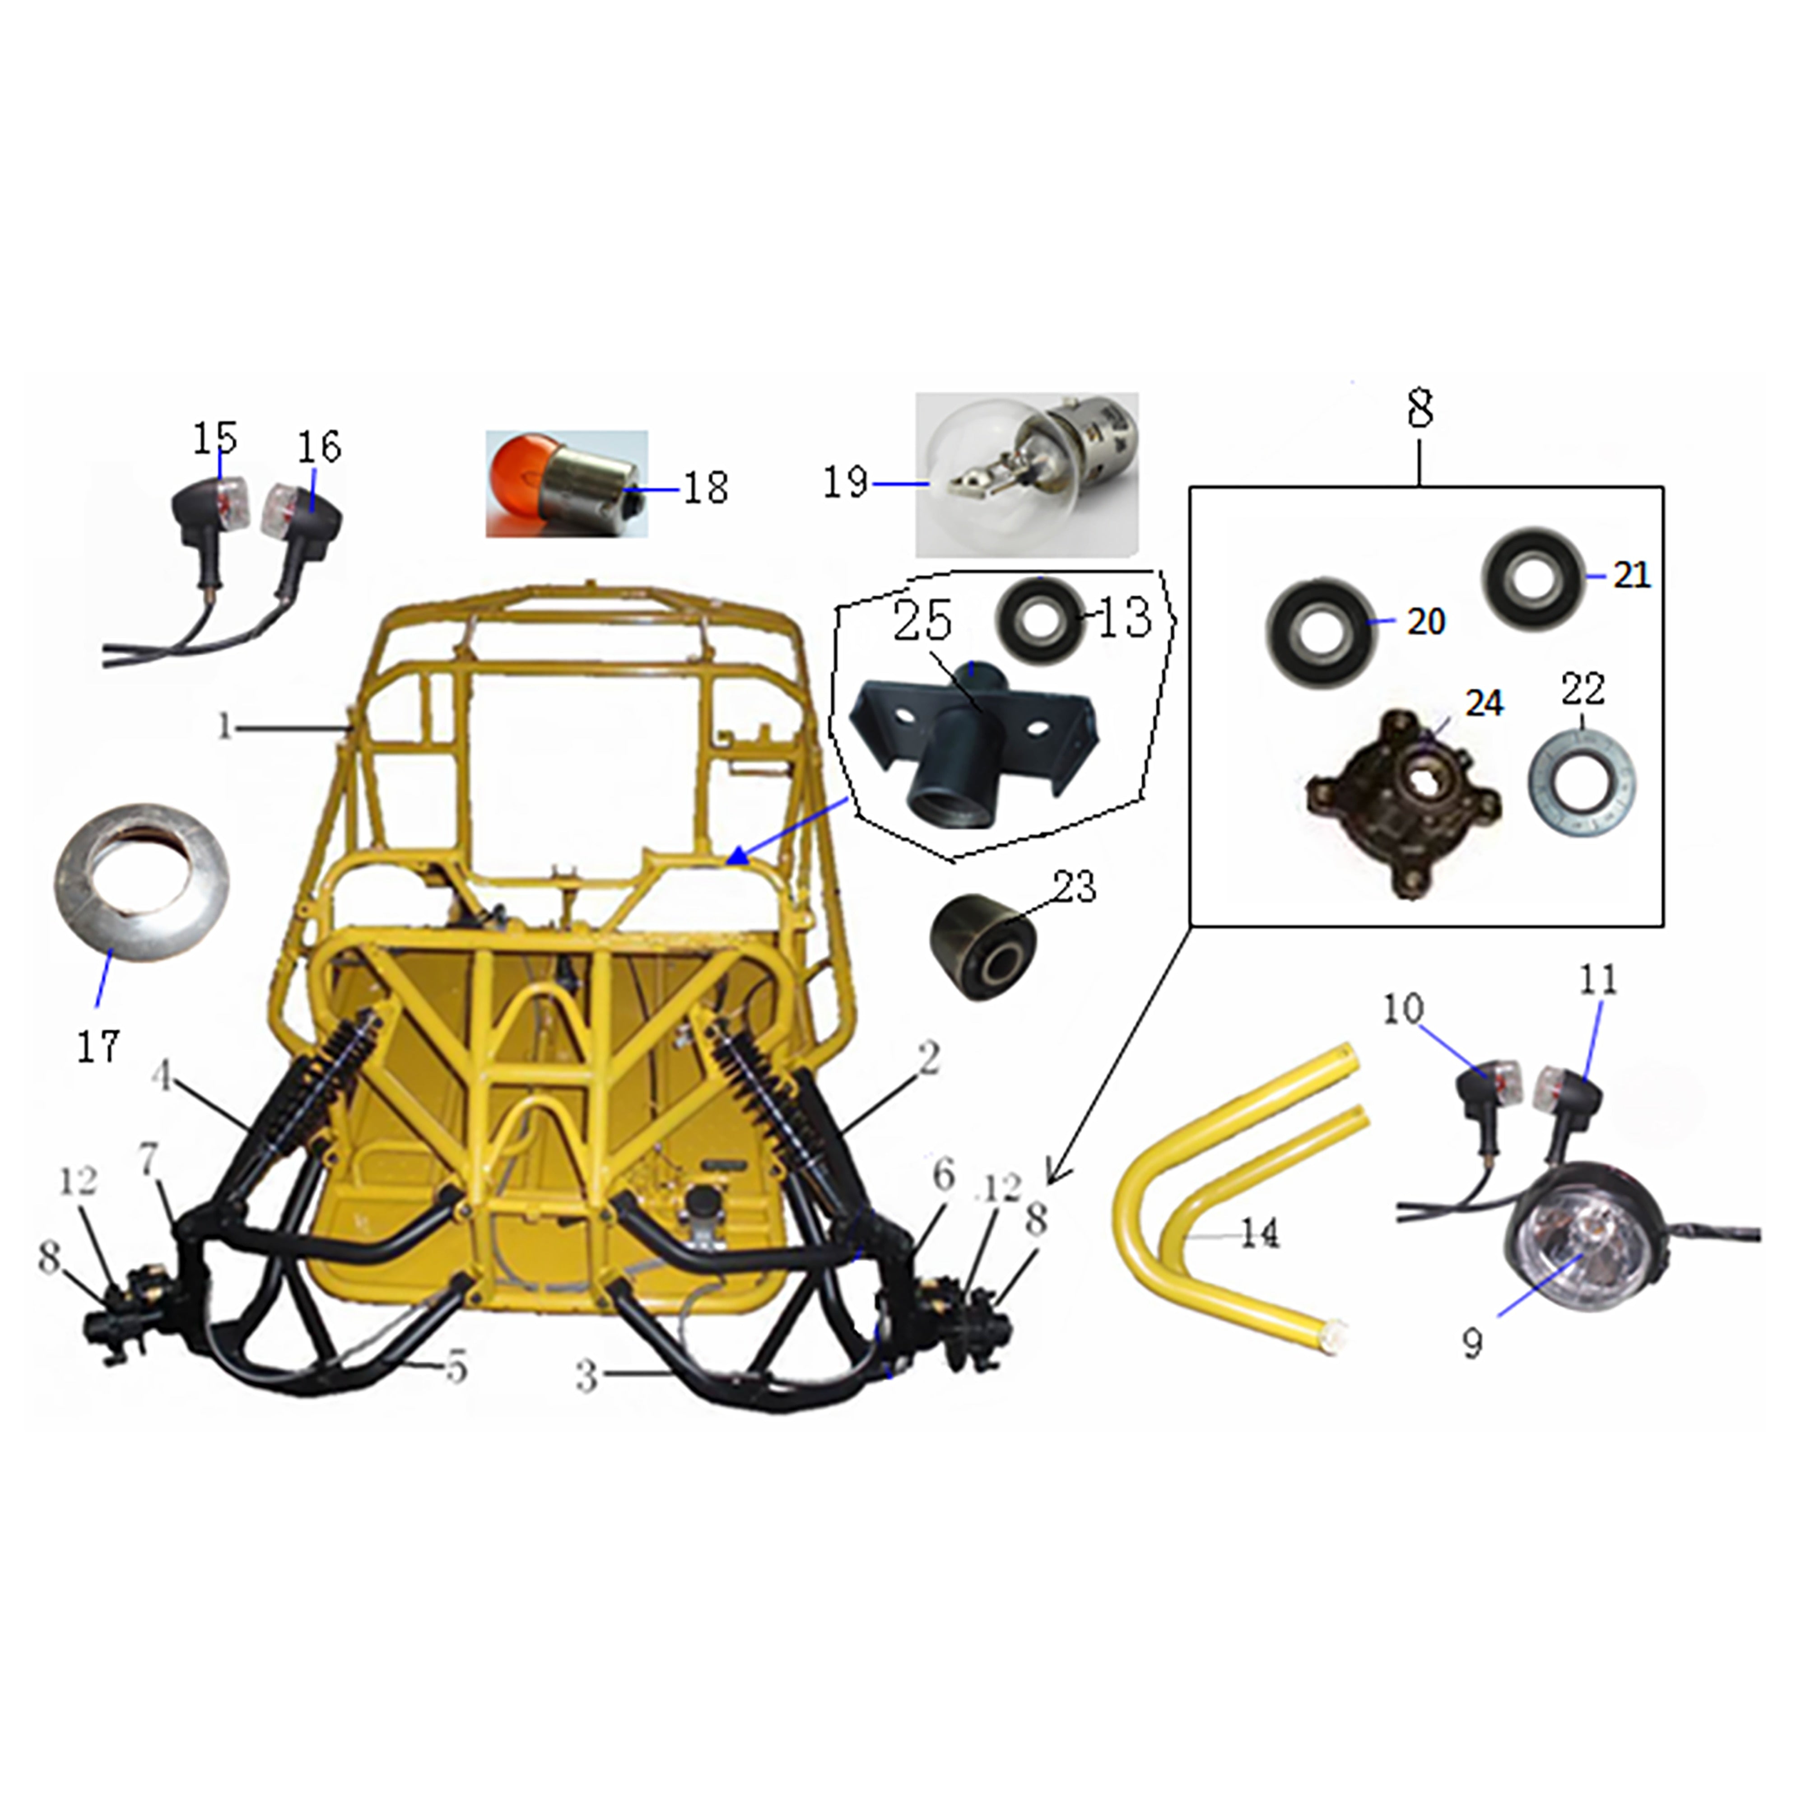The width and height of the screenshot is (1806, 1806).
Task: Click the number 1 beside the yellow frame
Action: (224, 726)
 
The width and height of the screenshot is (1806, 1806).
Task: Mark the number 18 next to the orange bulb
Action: (706, 487)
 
